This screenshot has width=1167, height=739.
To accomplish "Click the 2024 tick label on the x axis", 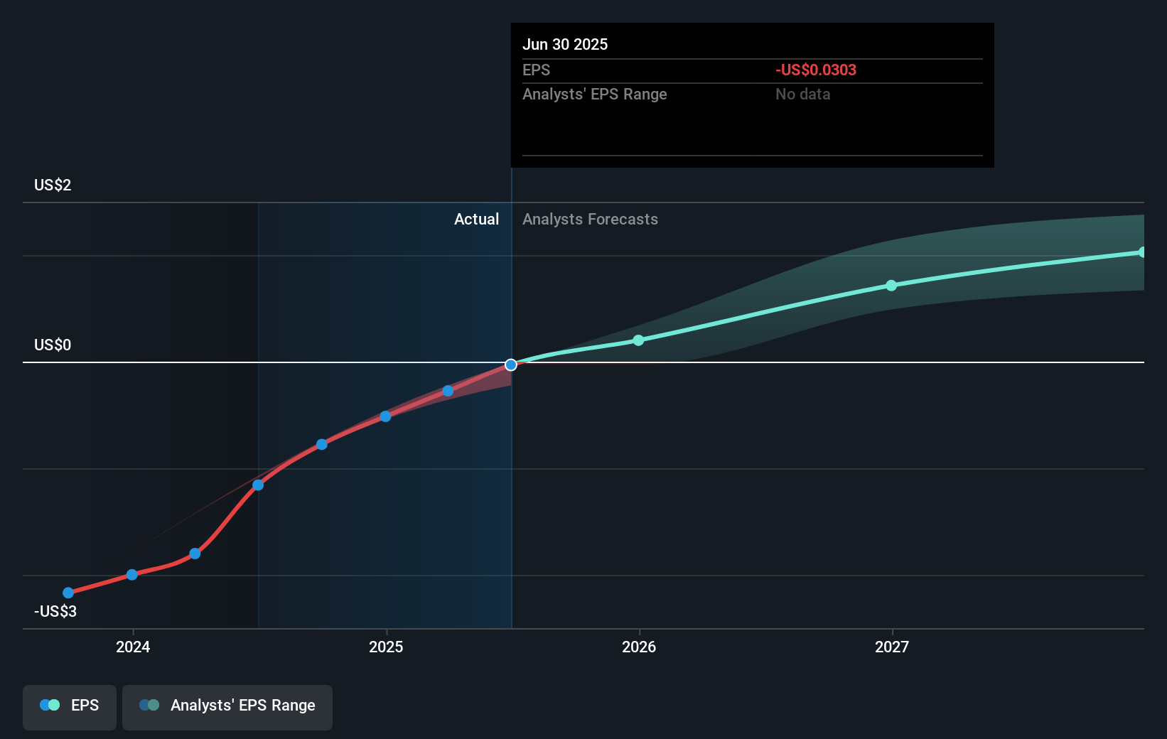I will [x=133, y=647].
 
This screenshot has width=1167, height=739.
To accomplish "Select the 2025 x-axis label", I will [x=386, y=647].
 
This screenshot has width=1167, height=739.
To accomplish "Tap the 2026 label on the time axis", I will [x=639, y=647].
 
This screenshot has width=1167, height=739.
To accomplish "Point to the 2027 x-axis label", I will [x=892, y=647].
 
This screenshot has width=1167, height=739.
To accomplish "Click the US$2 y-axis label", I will [x=53, y=185].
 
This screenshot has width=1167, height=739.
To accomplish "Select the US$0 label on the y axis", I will [x=53, y=345].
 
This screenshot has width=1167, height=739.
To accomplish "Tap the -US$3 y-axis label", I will [x=55, y=612].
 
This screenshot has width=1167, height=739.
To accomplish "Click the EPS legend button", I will [x=70, y=706].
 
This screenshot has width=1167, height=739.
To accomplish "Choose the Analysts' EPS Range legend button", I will [x=227, y=706].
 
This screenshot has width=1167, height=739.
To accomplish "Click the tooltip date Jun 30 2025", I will [x=565, y=45].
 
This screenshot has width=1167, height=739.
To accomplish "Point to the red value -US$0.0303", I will [x=816, y=70].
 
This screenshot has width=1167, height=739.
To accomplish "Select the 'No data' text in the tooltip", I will [x=802, y=95].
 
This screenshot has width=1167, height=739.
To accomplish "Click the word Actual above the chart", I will [x=476, y=220].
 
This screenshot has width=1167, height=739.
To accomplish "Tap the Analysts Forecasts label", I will [x=590, y=220].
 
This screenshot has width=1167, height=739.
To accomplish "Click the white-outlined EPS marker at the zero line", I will [x=511, y=365].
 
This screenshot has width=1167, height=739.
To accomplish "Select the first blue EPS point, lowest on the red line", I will [x=68, y=593].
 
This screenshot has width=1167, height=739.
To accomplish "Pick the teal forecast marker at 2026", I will [x=638, y=340].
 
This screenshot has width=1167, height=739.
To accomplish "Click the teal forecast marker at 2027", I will [x=891, y=286].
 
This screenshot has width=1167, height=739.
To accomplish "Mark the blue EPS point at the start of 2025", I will [x=385, y=416].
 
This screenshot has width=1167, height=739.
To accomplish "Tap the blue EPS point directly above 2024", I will [x=132, y=574].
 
